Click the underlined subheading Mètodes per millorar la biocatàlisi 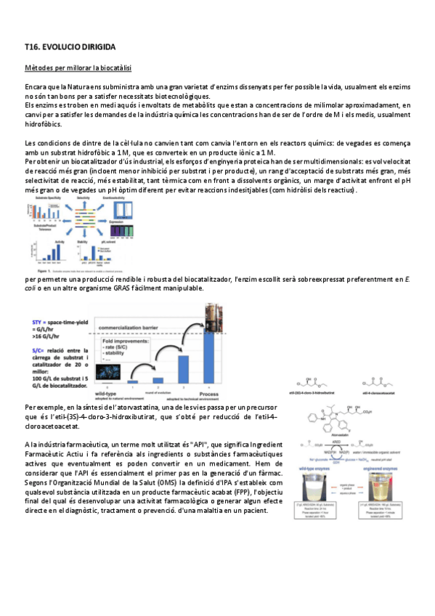pyautogui.click(x=78, y=69)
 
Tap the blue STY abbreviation pyautogui.click(x=33, y=321)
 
